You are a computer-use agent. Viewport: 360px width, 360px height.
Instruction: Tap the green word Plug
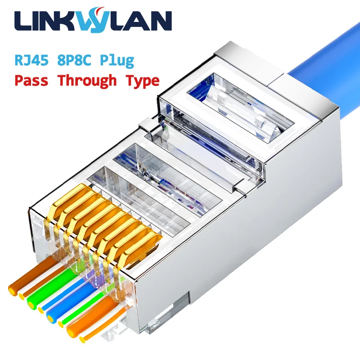click(117, 60)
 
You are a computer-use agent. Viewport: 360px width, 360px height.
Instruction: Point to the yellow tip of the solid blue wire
click(50, 319)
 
